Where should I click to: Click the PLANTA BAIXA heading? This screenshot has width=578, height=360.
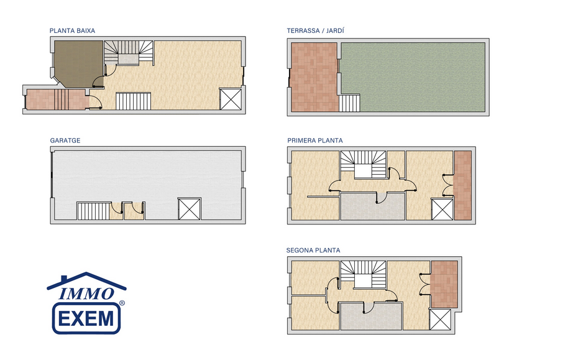pos(72,30)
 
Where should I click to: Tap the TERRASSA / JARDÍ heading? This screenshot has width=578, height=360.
pos(316,30)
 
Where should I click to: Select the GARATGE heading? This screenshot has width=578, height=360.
pos(65,141)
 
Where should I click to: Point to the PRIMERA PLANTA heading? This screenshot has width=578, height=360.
pos(315,141)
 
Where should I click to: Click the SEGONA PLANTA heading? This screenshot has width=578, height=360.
pos(313,251)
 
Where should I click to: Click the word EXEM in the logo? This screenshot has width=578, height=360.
pos(86,318)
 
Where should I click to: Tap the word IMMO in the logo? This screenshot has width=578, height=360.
pos(86,293)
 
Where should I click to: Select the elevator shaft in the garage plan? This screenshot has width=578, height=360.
pos(190,209)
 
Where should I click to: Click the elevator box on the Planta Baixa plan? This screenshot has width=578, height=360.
pos(231,99)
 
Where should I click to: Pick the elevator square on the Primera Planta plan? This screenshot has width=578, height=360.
pos(442,209)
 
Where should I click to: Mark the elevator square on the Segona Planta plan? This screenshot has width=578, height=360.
pos(440,320)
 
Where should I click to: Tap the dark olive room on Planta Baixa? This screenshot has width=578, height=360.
pos(78,63)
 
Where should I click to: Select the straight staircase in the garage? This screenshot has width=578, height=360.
pos(94,211)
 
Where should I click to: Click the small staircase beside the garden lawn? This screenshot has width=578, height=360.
pos(349,103)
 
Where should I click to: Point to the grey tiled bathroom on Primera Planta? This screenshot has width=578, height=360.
pos(373,206)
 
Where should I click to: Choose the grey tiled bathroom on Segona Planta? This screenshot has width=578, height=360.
pos(371,316)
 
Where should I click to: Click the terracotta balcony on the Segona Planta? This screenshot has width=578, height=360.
pos(444,284)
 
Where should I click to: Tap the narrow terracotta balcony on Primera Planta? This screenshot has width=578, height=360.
pos(462,185)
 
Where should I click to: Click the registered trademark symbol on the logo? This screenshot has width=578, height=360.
pos(122,303)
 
